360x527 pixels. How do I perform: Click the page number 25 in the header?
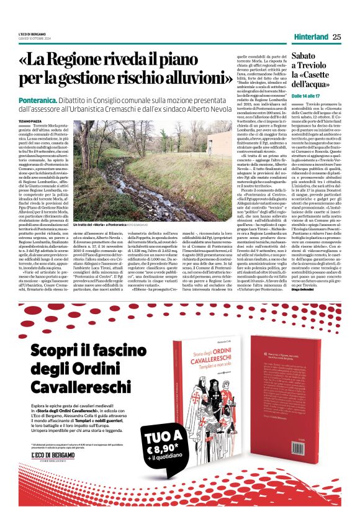tap(336, 37)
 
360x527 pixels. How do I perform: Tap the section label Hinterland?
tap(310, 37)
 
